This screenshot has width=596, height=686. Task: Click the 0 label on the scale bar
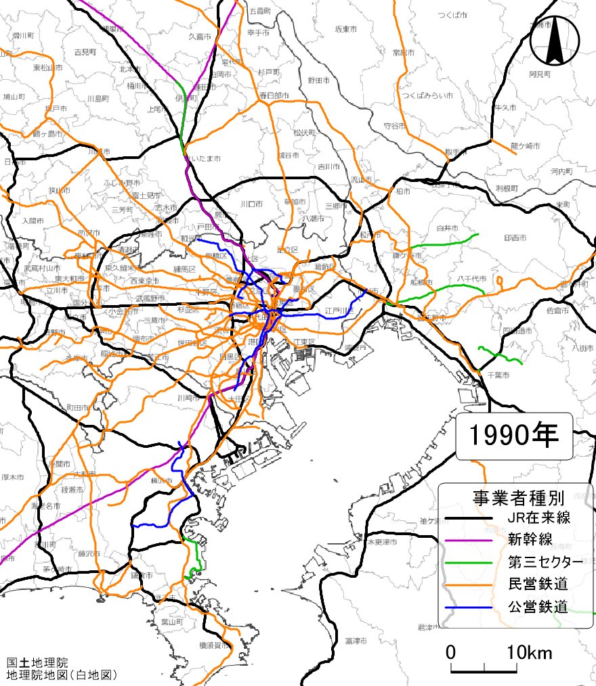(450, 653)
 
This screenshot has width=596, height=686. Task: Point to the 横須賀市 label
(215, 646)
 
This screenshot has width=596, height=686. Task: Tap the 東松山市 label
(28, 68)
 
